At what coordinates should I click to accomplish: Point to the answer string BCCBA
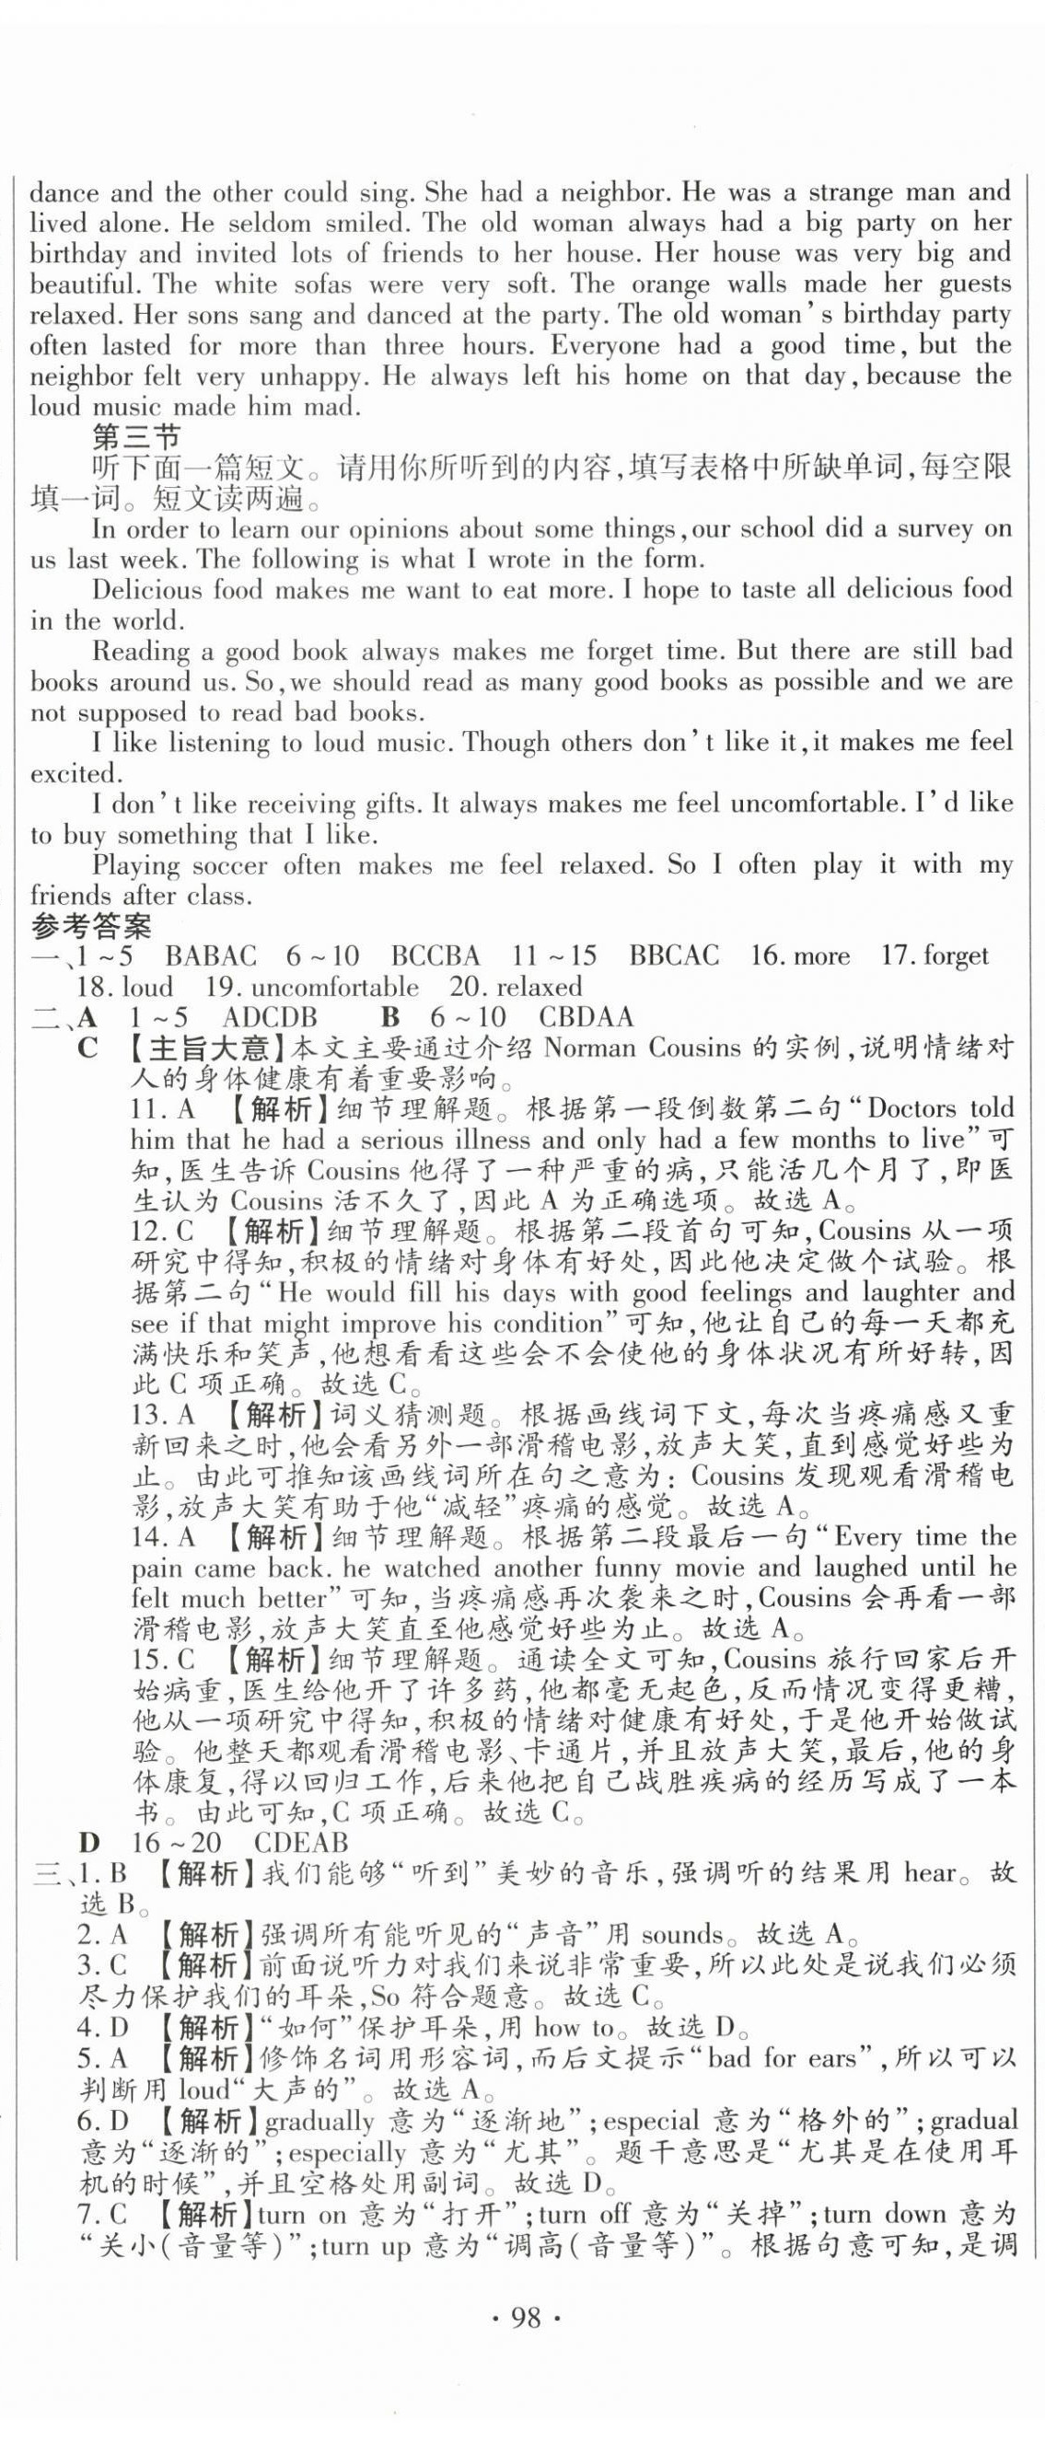pyautogui.click(x=435, y=956)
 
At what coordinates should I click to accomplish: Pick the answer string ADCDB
pyautogui.click(x=270, y=1017)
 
